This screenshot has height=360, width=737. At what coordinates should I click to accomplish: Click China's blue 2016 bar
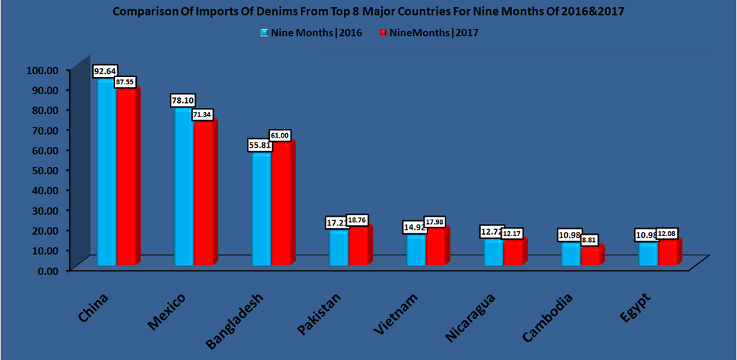pyautogui.click(x=107, y=173)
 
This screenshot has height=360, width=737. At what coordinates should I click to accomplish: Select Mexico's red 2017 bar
pyautogui.click(x=203, y=194)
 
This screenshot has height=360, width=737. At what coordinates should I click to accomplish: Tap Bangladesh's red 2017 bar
pyautogui.click(x=281, y=205)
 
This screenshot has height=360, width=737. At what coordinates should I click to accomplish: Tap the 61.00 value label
pyautogui.click(x=281, y=135)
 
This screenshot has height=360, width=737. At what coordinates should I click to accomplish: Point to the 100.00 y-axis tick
pyautogui.click(x=41, y=70)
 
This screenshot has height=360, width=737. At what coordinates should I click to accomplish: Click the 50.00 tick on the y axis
pyautogui.click(x=43, y=170)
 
